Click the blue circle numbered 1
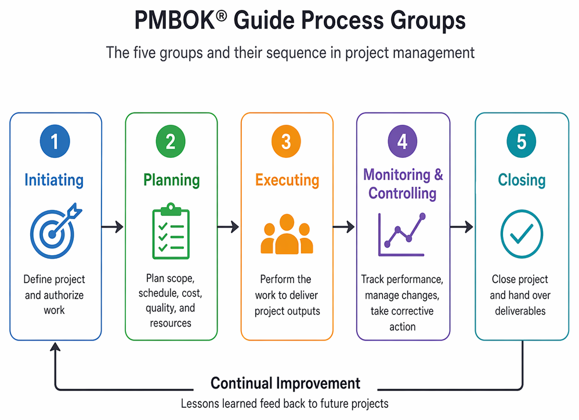click(55, 142)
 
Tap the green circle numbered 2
click(170, 142)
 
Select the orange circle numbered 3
click(286, 142)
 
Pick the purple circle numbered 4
click(403, 142)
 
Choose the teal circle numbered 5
click(522, 142)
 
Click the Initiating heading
click(54, 180)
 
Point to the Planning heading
click(171, 180)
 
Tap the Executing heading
click(287, 180)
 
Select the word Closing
click(522, 180)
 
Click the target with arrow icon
click(55, 231)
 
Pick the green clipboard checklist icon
click(171, 231)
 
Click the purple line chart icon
click(401, 234)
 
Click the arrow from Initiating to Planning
click(112, 227)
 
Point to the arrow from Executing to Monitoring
click(344, 227)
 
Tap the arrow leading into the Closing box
click(462, 227)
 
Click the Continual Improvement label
click(285, 383)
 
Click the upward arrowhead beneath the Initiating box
click(55, 346)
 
